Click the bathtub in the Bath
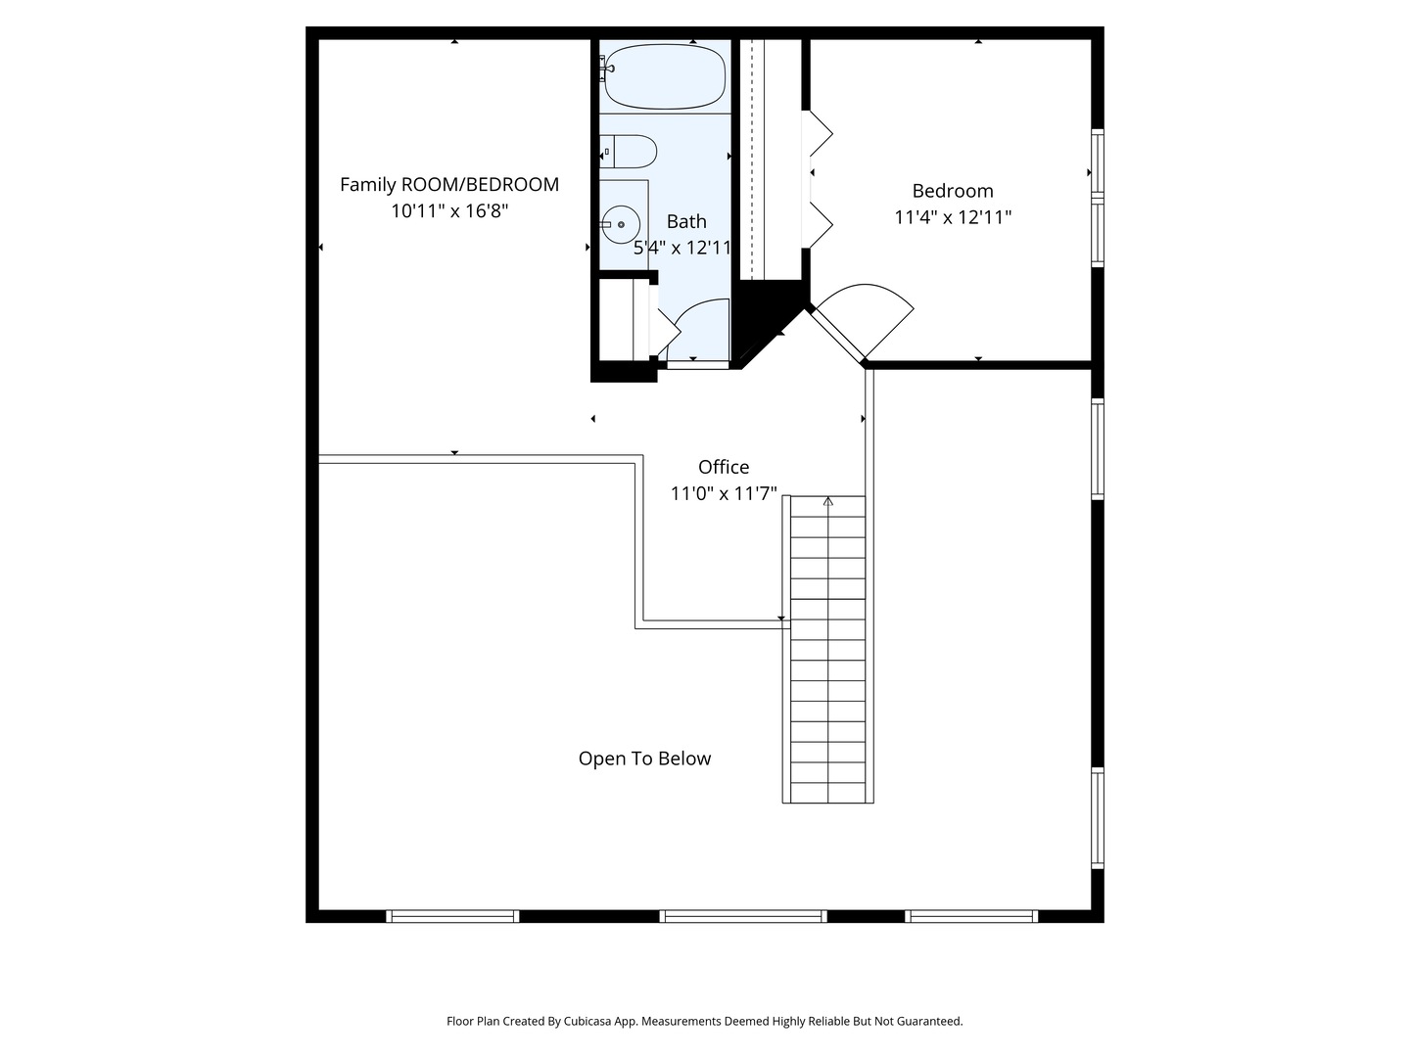click(x=665, y=76)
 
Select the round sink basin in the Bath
click(x=620, y=224)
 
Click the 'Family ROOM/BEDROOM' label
click(x=449, y=184)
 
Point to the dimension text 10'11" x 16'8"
click(x=449, y=210)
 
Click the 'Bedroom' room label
click(x=953, y=191)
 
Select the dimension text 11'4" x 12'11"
click(x=953, y=217)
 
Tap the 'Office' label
click(x=724, y=467)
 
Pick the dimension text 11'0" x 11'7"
click(x=724, y=493)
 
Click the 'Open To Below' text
click(x=644, y=758)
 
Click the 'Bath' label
click(x=686, y=221)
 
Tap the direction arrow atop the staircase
click(x=828, y=502)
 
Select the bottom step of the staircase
click(x=827, y=793)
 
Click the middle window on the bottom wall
click(x=742, y=916)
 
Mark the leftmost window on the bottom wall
click(x=451, y=916)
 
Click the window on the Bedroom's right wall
click(x=1098, y=198)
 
